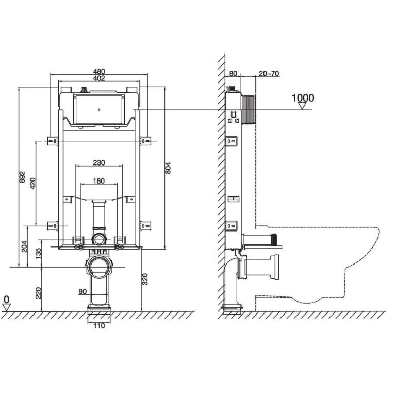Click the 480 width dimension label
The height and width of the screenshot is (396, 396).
[99, 72]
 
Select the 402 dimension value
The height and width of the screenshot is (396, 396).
[99, 78]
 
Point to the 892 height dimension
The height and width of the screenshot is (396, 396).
[23, 177]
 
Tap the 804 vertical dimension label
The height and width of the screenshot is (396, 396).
[168, 168]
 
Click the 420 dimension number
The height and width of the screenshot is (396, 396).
[33, 184]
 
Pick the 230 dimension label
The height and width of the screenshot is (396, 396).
[99, 162]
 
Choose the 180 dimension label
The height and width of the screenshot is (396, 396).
[99, 181]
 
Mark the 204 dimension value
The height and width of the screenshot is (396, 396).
[24, 246]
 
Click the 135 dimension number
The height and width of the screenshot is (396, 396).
[38, 253]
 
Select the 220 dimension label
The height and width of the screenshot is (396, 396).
[38, 293]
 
